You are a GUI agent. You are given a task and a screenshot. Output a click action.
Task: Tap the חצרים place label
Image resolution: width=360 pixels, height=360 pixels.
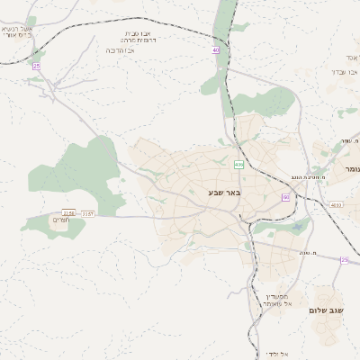62,220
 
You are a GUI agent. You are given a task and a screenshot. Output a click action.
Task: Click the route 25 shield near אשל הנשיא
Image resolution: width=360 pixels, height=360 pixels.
36,66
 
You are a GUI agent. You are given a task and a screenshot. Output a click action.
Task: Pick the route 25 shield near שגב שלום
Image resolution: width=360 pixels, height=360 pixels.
344,259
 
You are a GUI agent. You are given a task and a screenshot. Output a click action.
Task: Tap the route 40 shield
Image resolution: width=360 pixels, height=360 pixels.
216,50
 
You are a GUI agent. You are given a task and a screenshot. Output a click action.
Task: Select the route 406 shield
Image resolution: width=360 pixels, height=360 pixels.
238,165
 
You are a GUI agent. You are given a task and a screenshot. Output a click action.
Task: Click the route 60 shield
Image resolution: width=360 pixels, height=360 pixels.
285,196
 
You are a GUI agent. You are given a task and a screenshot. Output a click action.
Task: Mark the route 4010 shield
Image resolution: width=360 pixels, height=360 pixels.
336,205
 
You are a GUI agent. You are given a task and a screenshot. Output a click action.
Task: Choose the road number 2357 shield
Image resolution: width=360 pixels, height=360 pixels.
88,213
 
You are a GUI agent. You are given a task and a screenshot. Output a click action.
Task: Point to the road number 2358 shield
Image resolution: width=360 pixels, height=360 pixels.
69,213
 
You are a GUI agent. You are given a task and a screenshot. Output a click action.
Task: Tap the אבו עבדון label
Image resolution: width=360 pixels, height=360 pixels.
338,70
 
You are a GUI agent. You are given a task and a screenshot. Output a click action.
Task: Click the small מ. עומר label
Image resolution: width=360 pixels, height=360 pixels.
347,141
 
